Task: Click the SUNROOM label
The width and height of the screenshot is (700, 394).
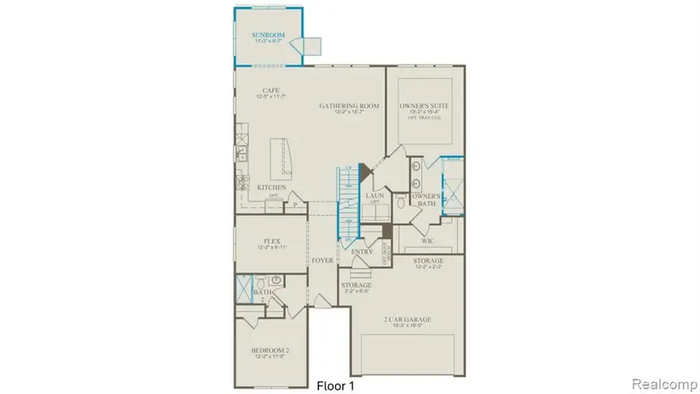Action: point(268,36)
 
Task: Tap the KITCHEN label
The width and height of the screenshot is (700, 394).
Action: point(271,188)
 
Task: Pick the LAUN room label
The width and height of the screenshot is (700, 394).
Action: point(376,196)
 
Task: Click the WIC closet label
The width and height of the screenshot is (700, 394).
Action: point(426,241)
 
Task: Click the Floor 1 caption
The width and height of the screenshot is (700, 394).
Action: point(338,385)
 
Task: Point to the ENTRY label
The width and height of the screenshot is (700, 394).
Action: point(361,252)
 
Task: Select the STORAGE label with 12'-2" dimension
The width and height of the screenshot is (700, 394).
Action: point(428,261)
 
